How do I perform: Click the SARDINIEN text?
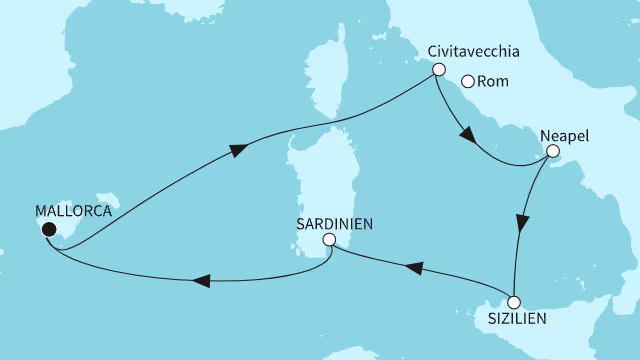click(x=335, y=224)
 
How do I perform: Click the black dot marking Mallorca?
click(x=47, y=229)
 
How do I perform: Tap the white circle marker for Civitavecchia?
click(x=437, y=70)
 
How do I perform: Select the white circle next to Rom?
click(x=467, y=83)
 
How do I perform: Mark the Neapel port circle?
click(x=550, y=152)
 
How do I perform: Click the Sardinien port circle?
click(x=330, y=241)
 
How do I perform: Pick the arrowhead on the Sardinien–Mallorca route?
click(x=200, y=281)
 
